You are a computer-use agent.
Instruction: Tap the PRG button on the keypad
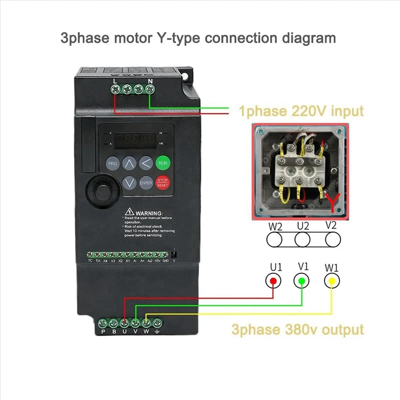click(113, 163)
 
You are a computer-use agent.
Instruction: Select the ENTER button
click(146, 183)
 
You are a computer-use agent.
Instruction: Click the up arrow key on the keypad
click(129, 163)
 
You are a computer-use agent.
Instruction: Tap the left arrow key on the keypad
click(146, 163)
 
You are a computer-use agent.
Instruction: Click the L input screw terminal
click(116, 89)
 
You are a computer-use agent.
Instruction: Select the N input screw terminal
click(150, 89)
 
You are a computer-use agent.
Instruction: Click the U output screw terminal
click(124, 323)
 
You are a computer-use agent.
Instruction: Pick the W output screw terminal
click(146, 323)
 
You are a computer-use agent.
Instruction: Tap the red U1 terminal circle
click(273, 281)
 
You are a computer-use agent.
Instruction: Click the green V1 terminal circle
click(301, 281)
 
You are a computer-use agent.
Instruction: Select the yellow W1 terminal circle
click(332, 281)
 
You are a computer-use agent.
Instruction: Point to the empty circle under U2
click(303, 239)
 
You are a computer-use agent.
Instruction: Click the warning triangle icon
click(129, 212)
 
